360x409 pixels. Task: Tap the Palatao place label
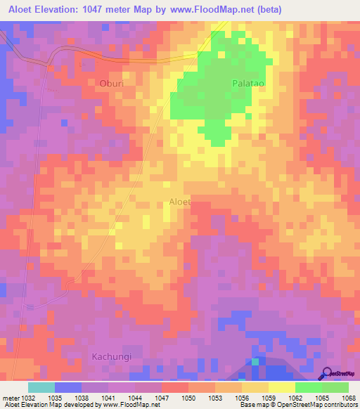tap(247, 82)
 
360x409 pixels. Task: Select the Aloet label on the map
tap(180, 202)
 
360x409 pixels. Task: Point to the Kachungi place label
tap(112, 356)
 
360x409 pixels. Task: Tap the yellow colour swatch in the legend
tap(282, 387)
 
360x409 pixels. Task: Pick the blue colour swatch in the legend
tap(68, 387)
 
